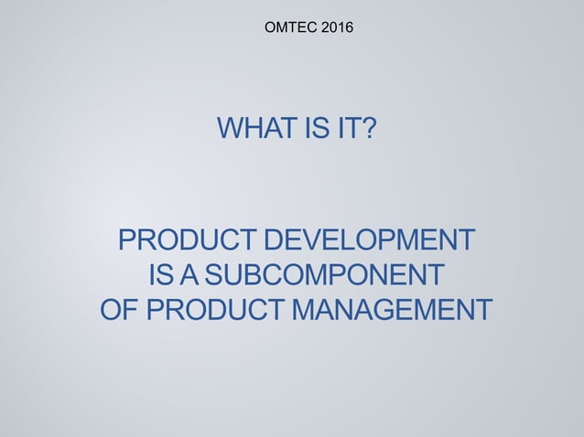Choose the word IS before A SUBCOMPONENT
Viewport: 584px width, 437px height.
point(157,275)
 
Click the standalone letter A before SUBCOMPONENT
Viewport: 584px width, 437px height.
point(188,275)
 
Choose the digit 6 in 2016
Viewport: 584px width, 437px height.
point(348,30)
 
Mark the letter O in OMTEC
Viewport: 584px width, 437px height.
point(270,30)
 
